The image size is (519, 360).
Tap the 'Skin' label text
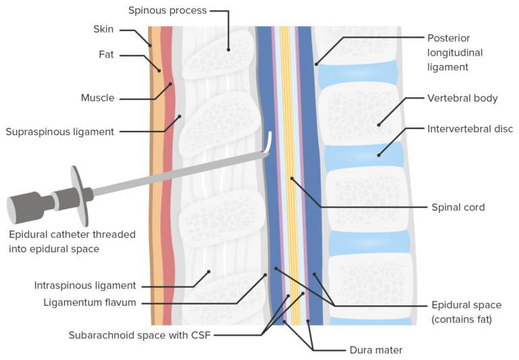(x=103, y=30)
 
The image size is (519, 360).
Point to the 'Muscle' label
(x=97, y=98)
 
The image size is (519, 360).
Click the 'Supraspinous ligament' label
(x=59, y=132)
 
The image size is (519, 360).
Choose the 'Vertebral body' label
(x=462, y=98)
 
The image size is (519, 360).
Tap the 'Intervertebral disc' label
(x=470, y=128)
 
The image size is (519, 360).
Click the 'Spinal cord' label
(x=458, y=207)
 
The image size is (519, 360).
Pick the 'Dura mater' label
(x=377, y=350)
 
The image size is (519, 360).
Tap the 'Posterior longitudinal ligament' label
(x=448, y=52)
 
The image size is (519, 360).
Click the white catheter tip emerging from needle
(x=269, y=142)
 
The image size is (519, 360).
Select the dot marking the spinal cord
(x=292, y=178)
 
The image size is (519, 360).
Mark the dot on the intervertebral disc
(x=378, y=155)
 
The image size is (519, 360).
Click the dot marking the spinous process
(x=228, y=49)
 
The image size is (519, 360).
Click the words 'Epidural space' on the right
(x=466, y=305)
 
